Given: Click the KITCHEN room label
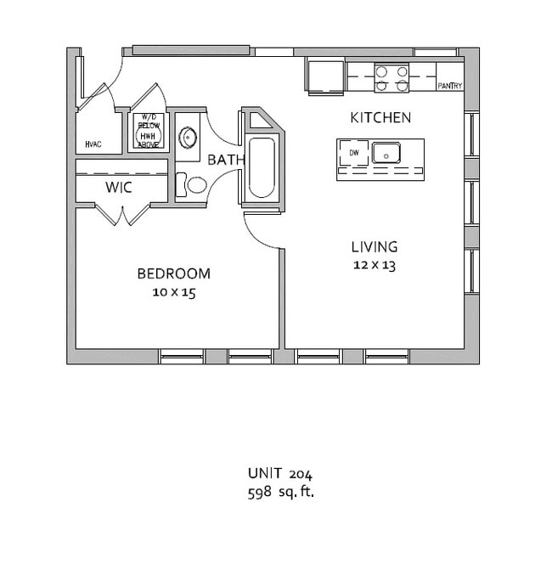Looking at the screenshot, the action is coord(380,118).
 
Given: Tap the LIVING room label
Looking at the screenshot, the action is coord(375,247).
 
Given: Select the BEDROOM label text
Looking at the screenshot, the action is coord(174,274).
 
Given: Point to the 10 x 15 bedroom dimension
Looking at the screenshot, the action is coord(174,292).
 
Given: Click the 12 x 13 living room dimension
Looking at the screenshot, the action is coord(375,265).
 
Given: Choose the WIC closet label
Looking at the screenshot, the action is coord(119,188).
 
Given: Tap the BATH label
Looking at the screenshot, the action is coord(227,160).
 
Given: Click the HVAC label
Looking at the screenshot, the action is coord(93,144).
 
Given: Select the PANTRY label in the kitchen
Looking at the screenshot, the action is coord(450,86).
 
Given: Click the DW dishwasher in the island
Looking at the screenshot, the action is coord(354,153).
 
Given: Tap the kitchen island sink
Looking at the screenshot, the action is coord(386,153).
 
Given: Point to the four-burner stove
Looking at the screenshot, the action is coord(391,77).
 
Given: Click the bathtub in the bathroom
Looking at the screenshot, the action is coord(262,168).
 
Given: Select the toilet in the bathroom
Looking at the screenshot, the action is coord(191,185).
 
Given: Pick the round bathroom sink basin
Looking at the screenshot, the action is coord(188,138).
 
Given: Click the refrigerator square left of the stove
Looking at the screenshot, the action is coord(326,76).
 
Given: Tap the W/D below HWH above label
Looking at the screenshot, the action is coord(149,131).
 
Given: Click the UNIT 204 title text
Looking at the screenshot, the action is coord(280,474).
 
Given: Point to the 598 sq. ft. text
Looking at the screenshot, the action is coord(281,492).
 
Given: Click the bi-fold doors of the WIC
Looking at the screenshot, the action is coord(122,215).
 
